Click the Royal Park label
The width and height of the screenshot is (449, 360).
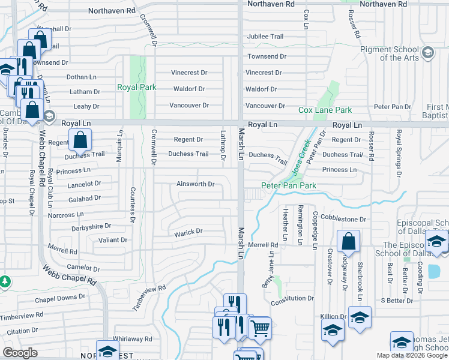[136, 87]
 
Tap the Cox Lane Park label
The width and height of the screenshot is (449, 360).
[325, 110]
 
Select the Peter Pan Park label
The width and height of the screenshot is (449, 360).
[288, 186]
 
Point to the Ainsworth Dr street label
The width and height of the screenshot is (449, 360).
[195, 184]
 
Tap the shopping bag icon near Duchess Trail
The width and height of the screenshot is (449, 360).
[80, 140]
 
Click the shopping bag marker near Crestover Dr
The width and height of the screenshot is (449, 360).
[348, 242]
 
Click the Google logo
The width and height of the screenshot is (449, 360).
[19, 353]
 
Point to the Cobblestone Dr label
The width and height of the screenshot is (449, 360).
[343, 219]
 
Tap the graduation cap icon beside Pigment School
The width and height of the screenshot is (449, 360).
[427, 53]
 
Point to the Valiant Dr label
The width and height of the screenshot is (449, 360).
[113, 239]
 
